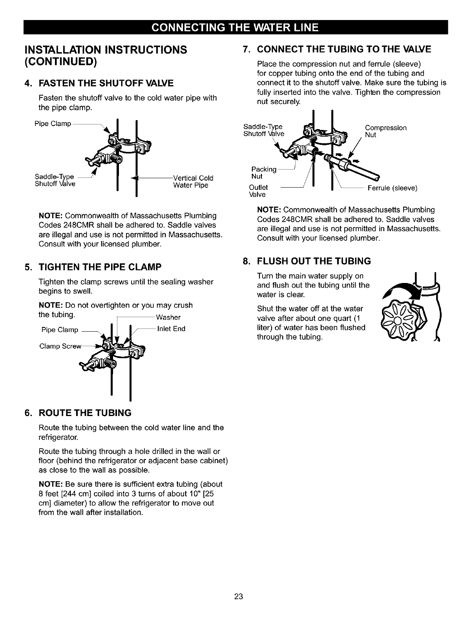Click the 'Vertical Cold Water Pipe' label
(x=193, y=181)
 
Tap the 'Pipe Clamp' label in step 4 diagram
(x=53, y=124)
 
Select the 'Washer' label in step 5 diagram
(x=168, y=317)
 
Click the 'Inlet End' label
(x=171, y=329)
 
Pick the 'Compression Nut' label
(x=385, y=131)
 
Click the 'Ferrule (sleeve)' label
(x=392, y=188)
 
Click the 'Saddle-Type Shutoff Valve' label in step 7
(x=263, y=130)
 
